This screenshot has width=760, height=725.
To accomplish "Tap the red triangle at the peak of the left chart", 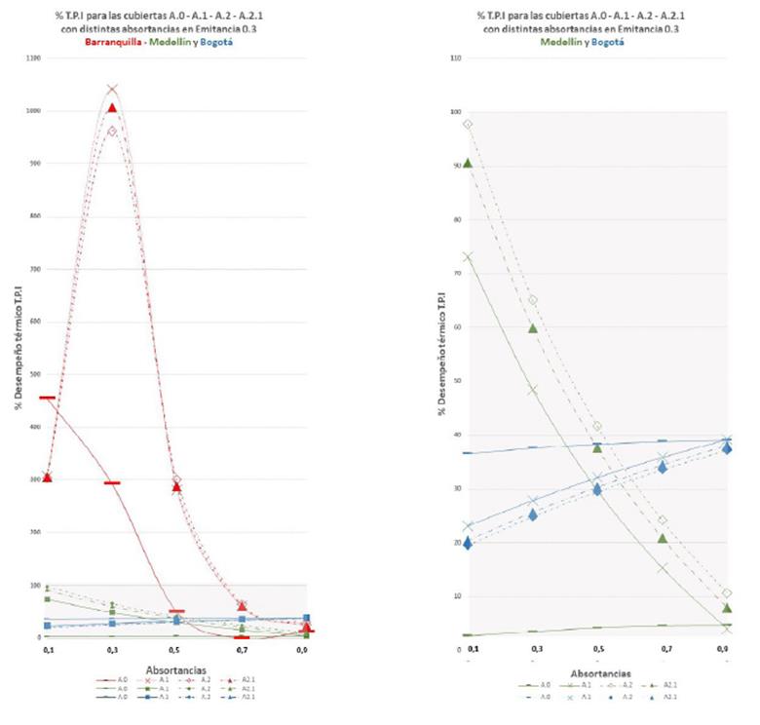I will click(x=112, y=107).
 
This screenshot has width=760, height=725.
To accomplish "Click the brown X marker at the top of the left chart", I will click(x=112, y=90).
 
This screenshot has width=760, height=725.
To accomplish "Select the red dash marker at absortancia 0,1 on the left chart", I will click(x=47, y=398).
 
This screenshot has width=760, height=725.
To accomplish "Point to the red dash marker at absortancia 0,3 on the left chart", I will click(x=112, y=482).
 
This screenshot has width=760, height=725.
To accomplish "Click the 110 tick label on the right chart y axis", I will click(x=454, y=57).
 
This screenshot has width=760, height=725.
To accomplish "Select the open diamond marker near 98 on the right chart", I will click(x=468, y=124).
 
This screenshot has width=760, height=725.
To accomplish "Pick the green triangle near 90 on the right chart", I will click(x=468, y=163).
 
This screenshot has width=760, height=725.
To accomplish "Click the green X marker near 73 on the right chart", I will click(x=468, y=256).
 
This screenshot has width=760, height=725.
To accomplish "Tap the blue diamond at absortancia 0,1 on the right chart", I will click(x=468, y=543).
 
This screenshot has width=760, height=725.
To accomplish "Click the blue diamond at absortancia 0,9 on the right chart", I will click(x=726, y=448).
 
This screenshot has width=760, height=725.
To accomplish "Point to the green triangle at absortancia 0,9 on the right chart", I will click(x=726, y=607).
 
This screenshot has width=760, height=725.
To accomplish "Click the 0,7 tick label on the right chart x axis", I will click(x=663, y=648).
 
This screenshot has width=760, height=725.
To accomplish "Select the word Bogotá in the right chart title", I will click(x=607, y=42).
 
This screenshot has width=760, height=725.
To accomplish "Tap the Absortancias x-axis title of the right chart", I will click(x=598, y=672).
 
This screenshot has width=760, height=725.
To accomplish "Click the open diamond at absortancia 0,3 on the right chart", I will click(x=533, y=300).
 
